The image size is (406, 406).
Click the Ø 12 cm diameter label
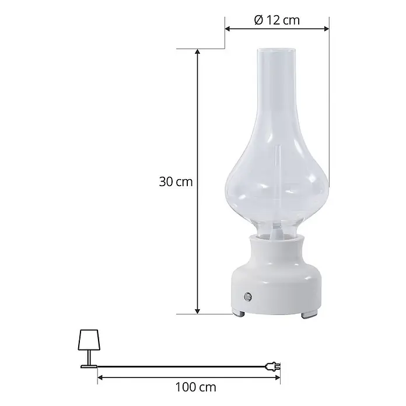(x=277, y=20)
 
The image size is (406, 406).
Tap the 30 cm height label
(x=176, y=182)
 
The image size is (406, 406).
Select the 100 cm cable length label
(x=196, y=387)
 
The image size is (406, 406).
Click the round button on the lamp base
(x=248, y=297)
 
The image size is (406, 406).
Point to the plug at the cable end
(x=273, y=366)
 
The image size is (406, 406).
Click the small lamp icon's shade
(x=89, y=339)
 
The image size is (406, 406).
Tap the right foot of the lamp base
(x=309, y=315)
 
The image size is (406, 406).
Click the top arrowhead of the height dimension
(x=198, y=51)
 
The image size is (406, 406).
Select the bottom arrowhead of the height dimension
(x=198, y=311)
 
